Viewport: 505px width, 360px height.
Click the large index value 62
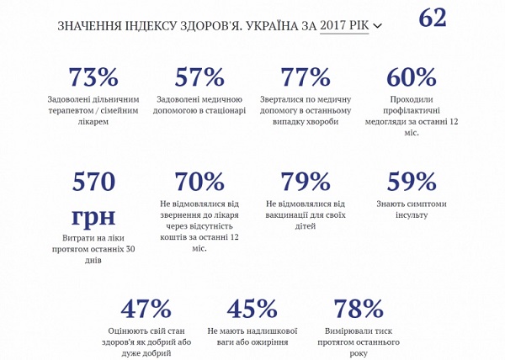tap(433, 18)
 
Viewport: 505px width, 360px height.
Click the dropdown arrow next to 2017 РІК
tap(377, 26)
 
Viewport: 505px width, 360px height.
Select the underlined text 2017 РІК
tap(344, 25)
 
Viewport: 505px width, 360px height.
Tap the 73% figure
tap(93, 77)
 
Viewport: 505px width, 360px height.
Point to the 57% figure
tap(199, 77)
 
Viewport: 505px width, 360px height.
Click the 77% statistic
tap(306, 77)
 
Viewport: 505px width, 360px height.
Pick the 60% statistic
tap(412, 77)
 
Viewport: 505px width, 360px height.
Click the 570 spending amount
tap(93, 181)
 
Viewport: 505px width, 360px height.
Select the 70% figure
tap(199, 181)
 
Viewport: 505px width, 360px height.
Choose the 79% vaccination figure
tap(306, 181)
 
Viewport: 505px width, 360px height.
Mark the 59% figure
tap(412, 181)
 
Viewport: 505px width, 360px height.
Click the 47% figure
tap(146, 309)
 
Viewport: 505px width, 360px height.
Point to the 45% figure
tap(252, 309)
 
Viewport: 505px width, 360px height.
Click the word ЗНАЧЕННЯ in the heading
tap(88, 26)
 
